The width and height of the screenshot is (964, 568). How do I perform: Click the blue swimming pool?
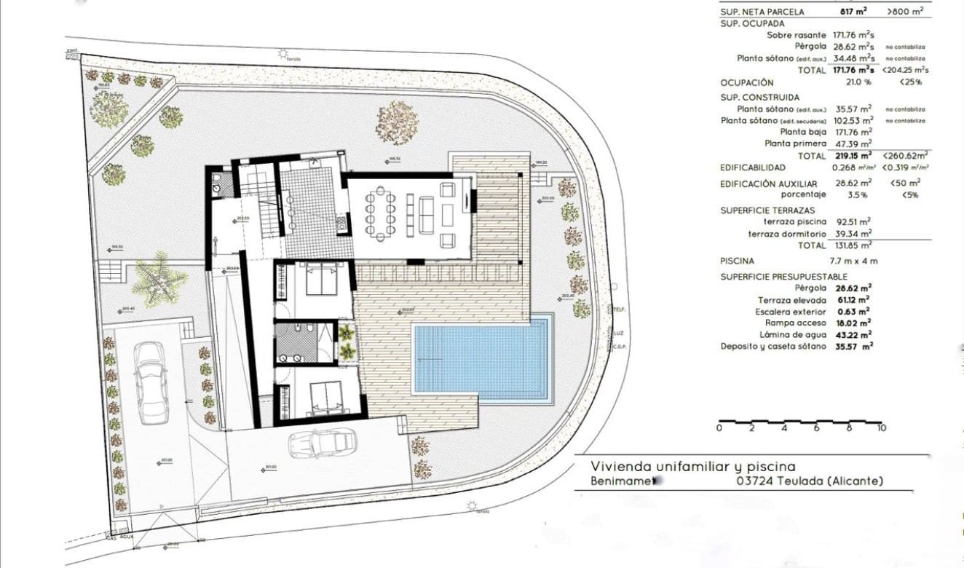481,361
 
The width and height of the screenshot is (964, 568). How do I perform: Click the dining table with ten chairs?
380,212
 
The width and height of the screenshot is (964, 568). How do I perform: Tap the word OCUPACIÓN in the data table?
747,83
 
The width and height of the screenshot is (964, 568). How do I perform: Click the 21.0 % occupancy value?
839,83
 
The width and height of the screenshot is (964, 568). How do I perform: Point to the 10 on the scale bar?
881,428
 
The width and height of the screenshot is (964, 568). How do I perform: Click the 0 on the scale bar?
719,428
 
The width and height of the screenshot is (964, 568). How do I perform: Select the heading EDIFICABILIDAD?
753,167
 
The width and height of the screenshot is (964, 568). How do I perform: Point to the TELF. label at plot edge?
620,309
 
